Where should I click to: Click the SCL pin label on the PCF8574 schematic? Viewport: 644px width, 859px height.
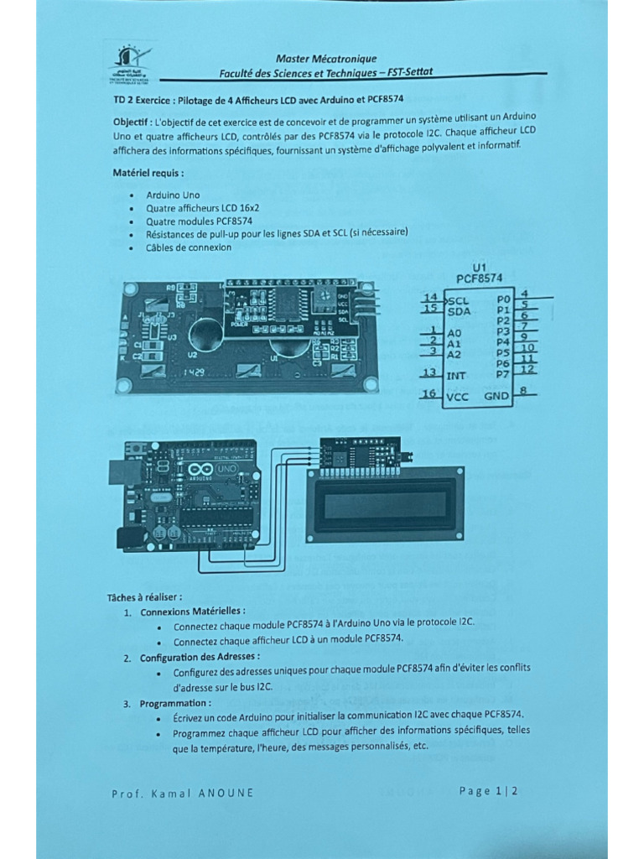458,299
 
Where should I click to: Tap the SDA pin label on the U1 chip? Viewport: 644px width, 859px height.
459,311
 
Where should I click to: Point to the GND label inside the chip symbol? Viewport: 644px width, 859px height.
497,395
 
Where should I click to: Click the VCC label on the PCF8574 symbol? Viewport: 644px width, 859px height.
458,397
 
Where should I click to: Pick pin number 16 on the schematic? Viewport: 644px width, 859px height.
429,393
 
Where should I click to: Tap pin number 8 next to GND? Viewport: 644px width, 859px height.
522,390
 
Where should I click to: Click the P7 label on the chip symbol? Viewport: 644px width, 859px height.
503,374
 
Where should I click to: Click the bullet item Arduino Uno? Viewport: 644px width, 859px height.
173,195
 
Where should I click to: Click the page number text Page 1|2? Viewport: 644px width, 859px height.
489,790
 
